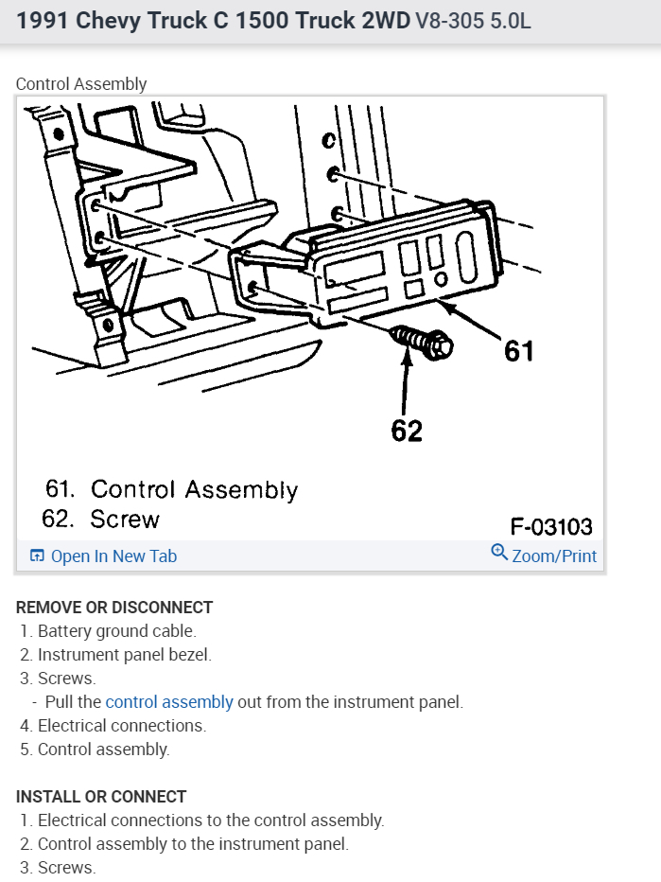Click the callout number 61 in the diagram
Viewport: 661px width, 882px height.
click(x=518, y=350)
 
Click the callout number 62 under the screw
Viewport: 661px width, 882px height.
click(x=407, y=431)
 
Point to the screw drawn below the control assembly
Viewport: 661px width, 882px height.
click(x=421, y=342)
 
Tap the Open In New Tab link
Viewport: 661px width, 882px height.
click(x=113, y=556)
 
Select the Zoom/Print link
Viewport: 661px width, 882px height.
click(x=554, y=556)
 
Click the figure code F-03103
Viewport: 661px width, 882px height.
click(x=551, y=525)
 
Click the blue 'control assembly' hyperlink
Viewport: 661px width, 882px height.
click(x=169, y=702)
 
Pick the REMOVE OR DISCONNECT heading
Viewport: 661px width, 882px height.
click(x=114, y=608)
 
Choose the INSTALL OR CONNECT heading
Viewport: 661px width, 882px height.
click(x=101, y=797)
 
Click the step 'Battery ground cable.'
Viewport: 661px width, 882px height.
click(x=116, y=631)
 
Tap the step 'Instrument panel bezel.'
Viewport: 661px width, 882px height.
click(x=124, y=655)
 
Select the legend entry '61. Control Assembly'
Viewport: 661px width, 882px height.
click(x=171, y=489)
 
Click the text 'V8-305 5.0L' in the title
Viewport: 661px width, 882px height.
click(x=473, y=20)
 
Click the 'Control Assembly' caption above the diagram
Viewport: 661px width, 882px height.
click(x=81, y=84)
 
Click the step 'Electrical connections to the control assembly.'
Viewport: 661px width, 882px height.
click(x=211, y=820)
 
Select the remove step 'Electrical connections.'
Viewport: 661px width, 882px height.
click(x=121, y=726)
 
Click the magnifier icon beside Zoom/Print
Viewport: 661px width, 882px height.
click(x=499, y=552)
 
